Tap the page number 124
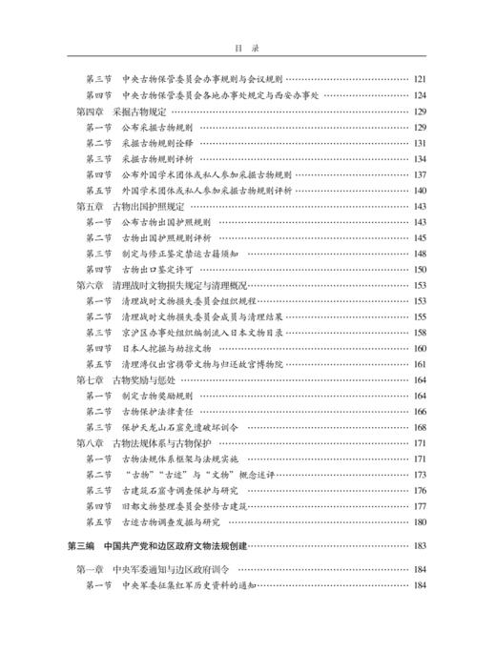(419, 96)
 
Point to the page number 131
(419, 143)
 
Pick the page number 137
(419, 174)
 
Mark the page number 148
(419, 254)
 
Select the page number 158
(419, 332)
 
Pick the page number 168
(419, 426)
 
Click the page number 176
(419, 489)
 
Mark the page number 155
(419, 316)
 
